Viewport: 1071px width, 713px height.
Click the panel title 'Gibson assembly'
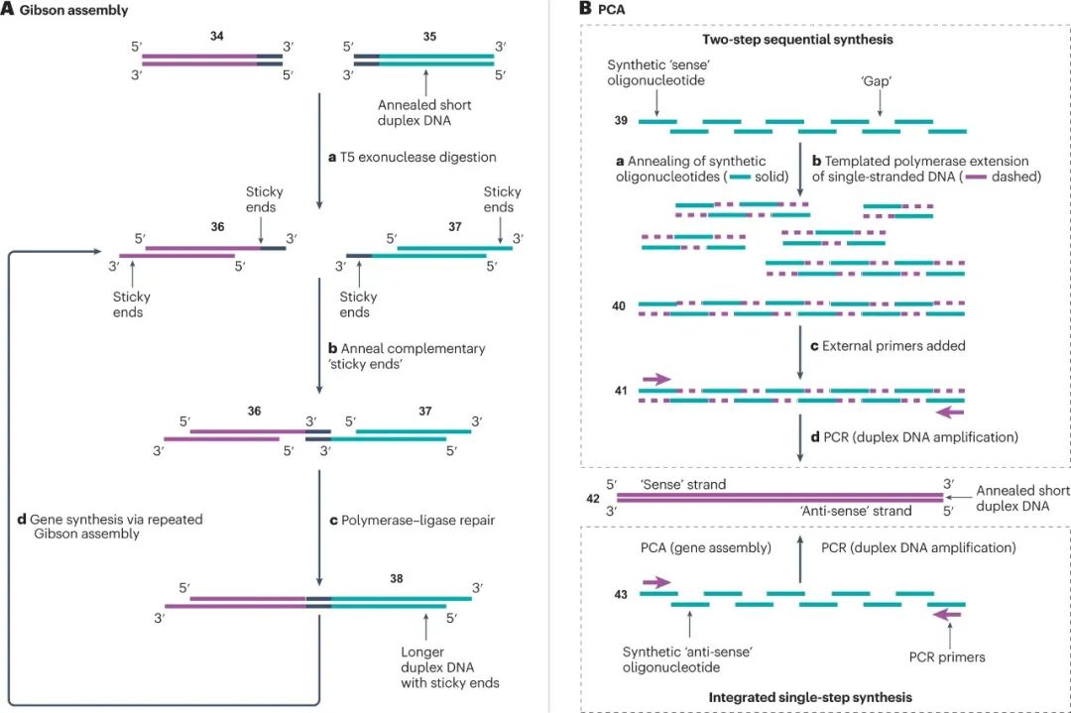click(66, 11)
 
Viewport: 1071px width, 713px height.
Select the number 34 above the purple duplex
click(217, 36)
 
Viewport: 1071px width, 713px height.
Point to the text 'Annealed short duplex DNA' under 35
click(424, 112)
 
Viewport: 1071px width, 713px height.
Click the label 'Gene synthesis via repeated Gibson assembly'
click(81, 526)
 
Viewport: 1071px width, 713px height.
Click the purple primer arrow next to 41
click(656, 378)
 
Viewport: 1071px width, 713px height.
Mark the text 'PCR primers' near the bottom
click(947, 656)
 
